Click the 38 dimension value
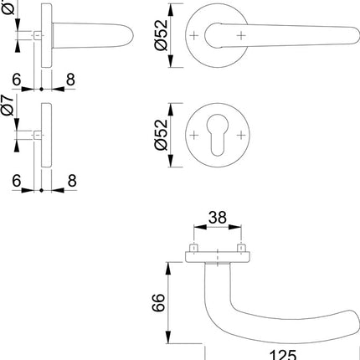(217, 218)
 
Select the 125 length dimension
(282, 354)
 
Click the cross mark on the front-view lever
(241, 35)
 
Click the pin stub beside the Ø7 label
(37, 134)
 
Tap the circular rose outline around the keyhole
(217, 111)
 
